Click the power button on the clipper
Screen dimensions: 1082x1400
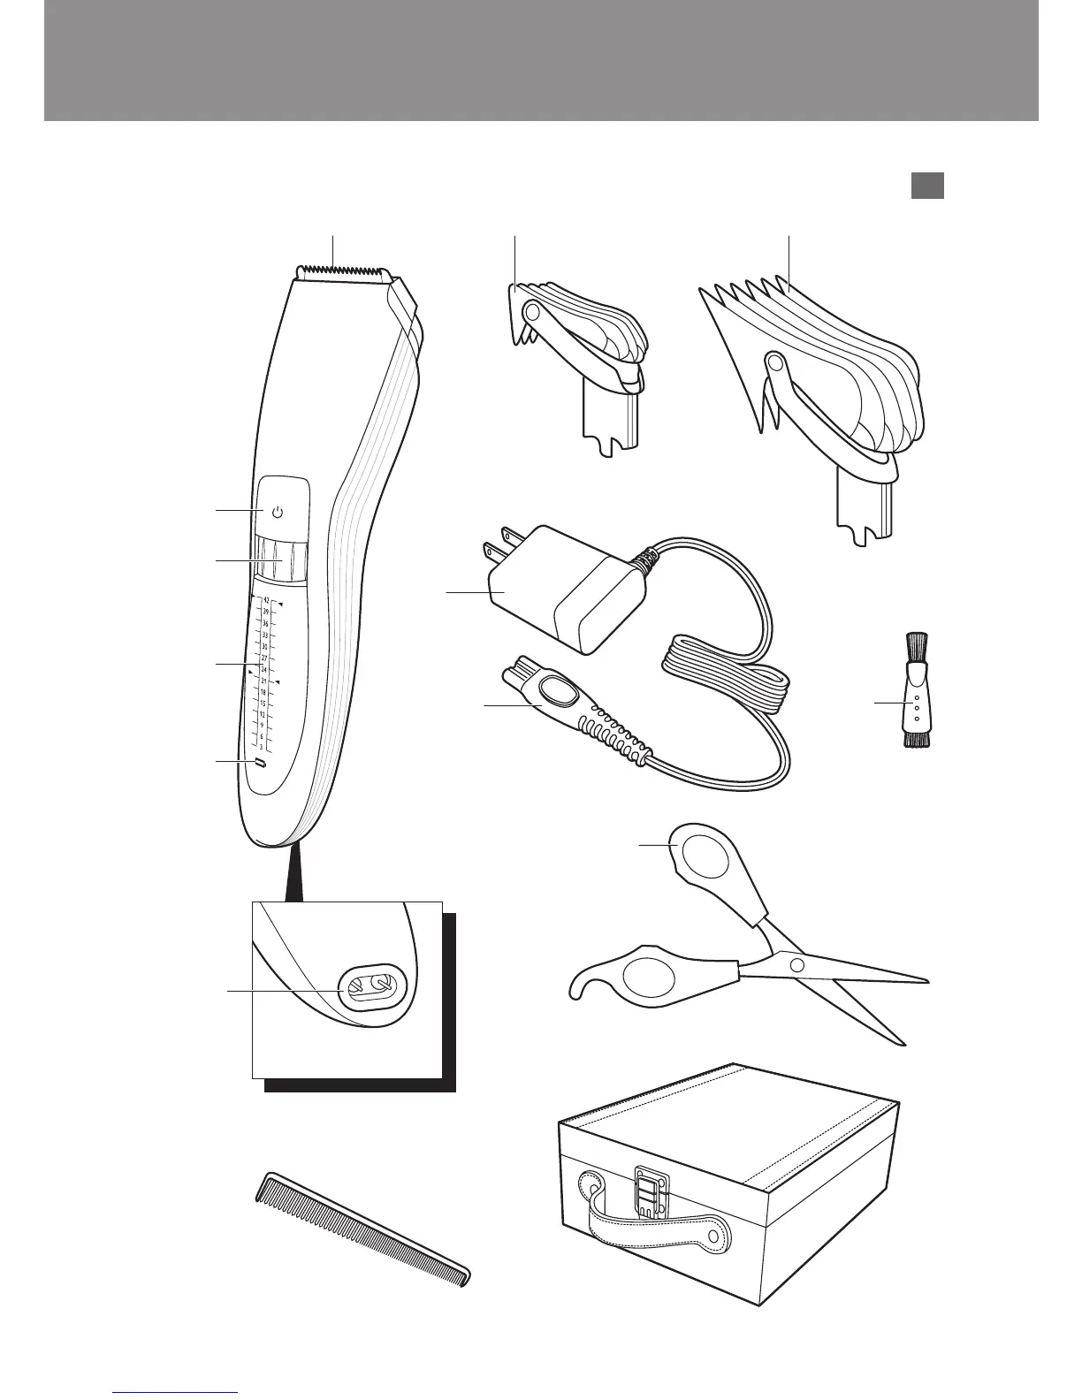278,512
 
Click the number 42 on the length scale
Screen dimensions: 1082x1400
266,600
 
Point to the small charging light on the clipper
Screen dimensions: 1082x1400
260,762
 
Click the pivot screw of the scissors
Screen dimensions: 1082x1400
797,963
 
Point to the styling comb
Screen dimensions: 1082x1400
362,1229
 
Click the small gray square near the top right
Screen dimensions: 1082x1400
927,185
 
